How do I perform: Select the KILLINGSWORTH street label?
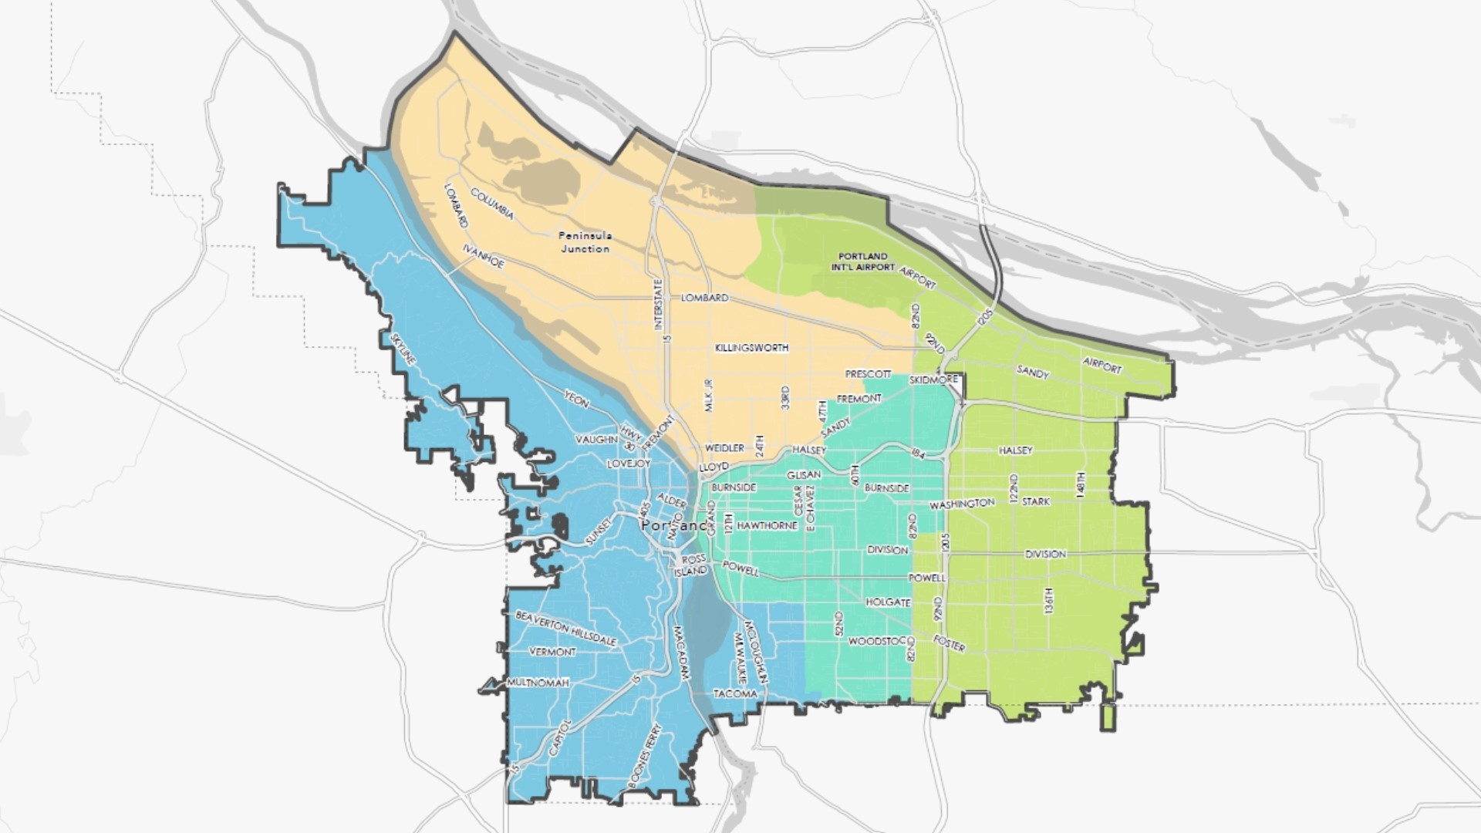pos(751,348)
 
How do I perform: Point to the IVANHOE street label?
pos(483,258)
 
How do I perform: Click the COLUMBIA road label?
pos(492,204)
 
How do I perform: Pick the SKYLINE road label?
pos(403,349)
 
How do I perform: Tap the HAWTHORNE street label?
pos(767,525)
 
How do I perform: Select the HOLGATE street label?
pos(888,602)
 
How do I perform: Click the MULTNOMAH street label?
pos(538,683)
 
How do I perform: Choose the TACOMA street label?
pos(735,693)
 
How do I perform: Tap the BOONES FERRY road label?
pos(646,754)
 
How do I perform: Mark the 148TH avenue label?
pos(1081,485)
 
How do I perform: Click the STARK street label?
pos(1035,501)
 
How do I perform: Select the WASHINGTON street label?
pos(962,504)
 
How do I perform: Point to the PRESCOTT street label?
pos(868,374)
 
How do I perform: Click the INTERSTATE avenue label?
pos(658,305)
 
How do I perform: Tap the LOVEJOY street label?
pos(629,464)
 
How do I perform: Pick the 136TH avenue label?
pos(1048,601)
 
